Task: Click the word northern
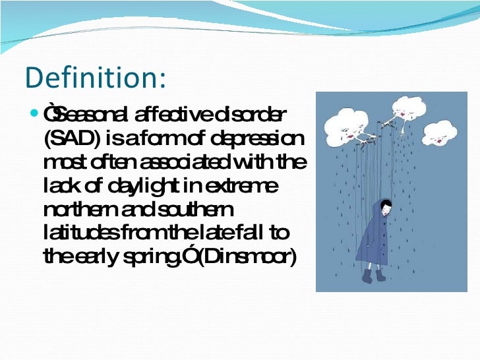point(78,211)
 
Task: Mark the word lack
point(59,187)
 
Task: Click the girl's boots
point(373,275)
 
